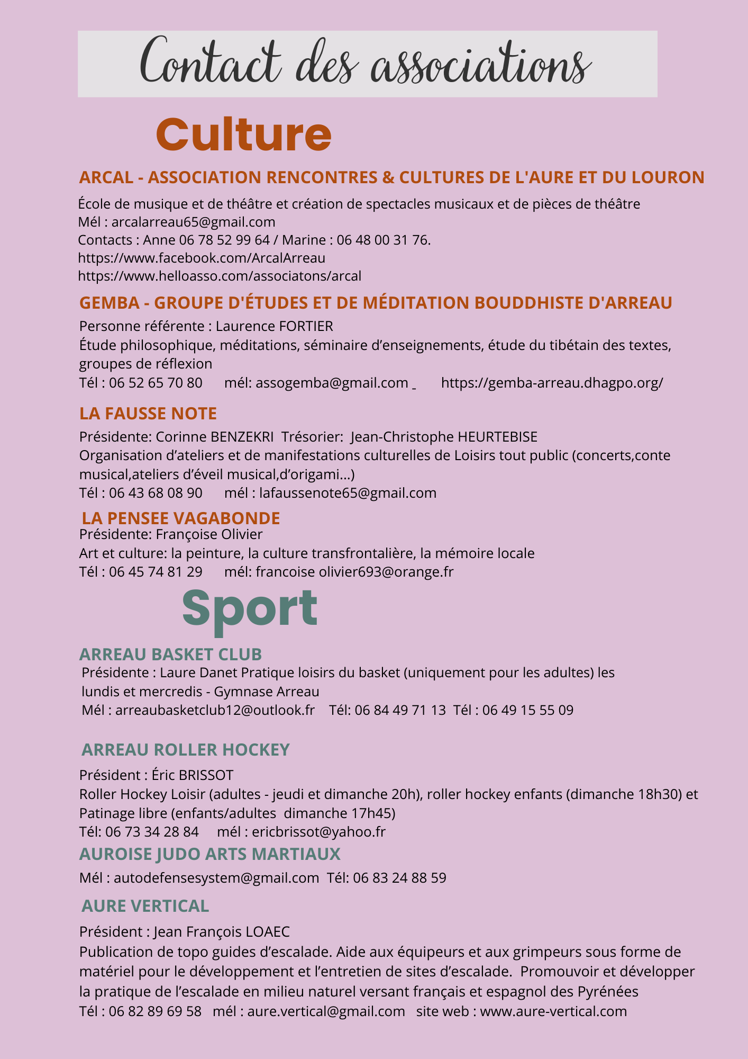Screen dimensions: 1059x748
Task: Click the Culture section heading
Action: (x=243, y=134)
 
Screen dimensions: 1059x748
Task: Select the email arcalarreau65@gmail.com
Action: (x=193, y=222)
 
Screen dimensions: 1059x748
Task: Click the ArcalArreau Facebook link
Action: (x=202, y=258)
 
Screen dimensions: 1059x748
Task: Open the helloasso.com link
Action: (x=220, y=276)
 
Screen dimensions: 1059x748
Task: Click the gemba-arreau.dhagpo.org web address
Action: (x=552, y=383)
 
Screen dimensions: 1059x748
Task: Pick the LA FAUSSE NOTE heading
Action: (x=148, y=414)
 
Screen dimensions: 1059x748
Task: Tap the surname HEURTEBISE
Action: (x=497, y=437)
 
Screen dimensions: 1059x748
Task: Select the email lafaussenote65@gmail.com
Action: (x=348, y=493)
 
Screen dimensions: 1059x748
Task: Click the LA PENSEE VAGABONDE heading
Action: (x=181, y=518)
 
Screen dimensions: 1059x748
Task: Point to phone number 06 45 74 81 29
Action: (x=156, y=572)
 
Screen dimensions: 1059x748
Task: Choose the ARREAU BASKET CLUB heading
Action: (x=170, y=654)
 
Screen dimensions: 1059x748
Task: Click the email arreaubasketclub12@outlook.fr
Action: (x=215, y=710)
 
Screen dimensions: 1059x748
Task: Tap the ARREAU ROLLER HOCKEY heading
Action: (x=186, y=750)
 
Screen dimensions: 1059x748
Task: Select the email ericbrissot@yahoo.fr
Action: (x=319, y=832)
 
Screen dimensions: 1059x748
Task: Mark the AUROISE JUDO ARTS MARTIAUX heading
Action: (x=209, y=854)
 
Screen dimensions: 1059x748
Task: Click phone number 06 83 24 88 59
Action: (x=399, y=878)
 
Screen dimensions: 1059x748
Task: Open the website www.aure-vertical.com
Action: (x=553, y=1011)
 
